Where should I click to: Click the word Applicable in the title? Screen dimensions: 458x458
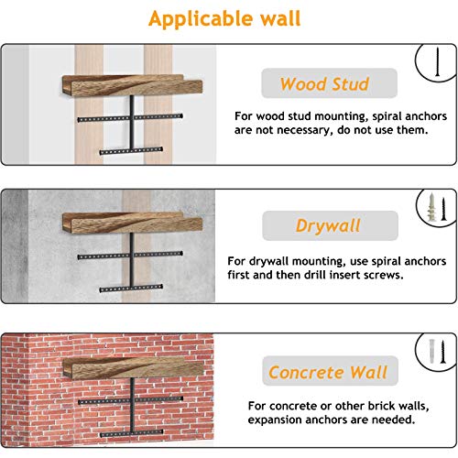coord(200,19)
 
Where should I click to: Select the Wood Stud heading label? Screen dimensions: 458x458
coord(329,83)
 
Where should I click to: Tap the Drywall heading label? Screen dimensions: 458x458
coord(330,225)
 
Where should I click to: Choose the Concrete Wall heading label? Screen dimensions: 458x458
coord(330,371)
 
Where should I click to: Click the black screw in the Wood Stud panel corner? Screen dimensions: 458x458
coord(438,62)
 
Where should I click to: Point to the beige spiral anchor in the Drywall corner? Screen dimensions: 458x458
coord(431,207)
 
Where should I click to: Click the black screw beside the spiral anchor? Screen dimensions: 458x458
coord(443,209)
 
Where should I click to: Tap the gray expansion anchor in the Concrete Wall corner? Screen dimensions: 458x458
coord(431,351)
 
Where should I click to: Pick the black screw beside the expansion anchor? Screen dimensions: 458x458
coord(442,352)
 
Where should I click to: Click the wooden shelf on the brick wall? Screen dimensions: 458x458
coord(133,368)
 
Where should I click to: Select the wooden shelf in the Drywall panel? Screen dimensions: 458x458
coord(132,223)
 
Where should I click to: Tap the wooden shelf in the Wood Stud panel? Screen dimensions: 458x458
coord(132,85)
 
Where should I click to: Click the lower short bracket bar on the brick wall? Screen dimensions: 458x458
coord(131,433)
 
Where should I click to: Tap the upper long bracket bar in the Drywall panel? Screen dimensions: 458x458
coord(130,256)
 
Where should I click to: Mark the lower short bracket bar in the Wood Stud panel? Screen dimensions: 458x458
coord(131,151)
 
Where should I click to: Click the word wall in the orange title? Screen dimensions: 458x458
coord(280,18)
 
